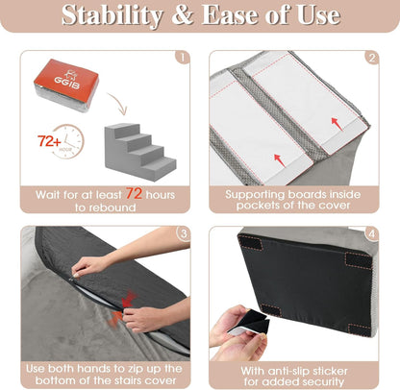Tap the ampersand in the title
192,16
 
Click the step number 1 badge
183,57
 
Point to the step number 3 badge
183,232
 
